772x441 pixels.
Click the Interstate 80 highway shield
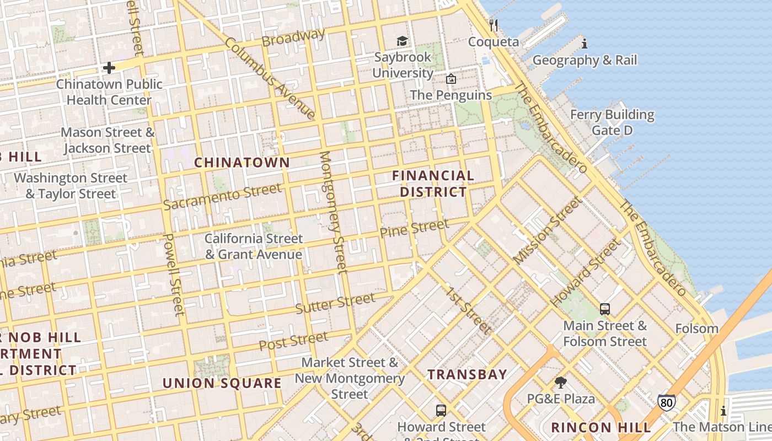point(666,402)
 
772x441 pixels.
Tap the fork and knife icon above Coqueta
point(494,25)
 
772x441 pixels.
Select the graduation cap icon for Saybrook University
point(403,41)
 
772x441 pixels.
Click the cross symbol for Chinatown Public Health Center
point(109,68)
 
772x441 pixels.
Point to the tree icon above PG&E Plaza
point(561,383)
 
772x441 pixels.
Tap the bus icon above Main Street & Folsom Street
point(605,309)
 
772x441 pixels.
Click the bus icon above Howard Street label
point(441,411)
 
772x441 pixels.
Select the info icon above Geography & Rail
point(585,44)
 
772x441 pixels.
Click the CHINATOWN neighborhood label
point(242,162)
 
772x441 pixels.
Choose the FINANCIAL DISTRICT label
point(433,184)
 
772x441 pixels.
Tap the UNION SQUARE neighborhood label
point(222,383)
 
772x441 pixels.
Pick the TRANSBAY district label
point(468,374)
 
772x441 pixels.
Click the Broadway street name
point(293,37)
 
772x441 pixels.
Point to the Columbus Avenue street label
point(270,78)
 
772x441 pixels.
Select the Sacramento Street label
point(222,197)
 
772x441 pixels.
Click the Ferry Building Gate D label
point(612,122)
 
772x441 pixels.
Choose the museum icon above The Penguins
point(451,79)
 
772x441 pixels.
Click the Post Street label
point(293,341)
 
